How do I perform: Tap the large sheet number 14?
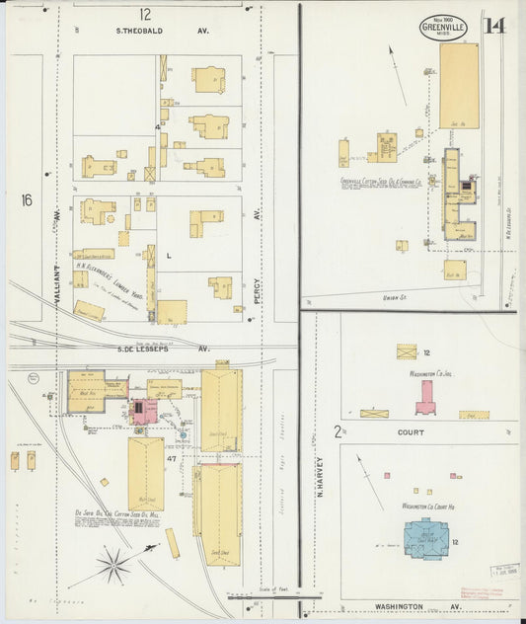coord(493,25)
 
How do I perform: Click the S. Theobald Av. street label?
coord(176,31)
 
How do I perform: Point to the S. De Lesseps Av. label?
coord(164,349)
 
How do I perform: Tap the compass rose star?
coord(113,566)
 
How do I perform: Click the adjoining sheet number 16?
coord(27,200)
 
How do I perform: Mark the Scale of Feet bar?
coord(262,595)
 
